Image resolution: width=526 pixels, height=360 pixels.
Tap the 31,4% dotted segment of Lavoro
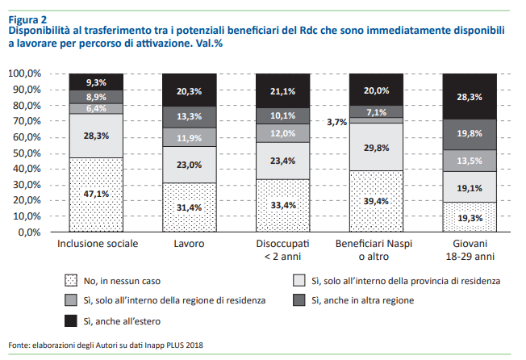[x=190, y=207]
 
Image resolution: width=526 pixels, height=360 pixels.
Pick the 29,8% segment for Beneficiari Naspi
[x=378, y=147]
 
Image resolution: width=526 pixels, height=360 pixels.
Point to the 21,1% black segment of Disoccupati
[x=283, y=90]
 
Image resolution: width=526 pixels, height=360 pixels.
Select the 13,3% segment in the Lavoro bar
[x=190, y=117]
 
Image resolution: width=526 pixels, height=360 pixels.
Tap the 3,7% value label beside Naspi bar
[x=336, y=123]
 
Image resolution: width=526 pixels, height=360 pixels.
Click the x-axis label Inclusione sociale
[x=96, y=244]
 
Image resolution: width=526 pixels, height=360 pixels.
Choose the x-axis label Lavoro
[x=190, y=244]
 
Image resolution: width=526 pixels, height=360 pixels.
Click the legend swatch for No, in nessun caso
[x=73, y=282]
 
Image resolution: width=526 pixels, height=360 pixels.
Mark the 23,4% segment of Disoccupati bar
[x=283, y=161]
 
